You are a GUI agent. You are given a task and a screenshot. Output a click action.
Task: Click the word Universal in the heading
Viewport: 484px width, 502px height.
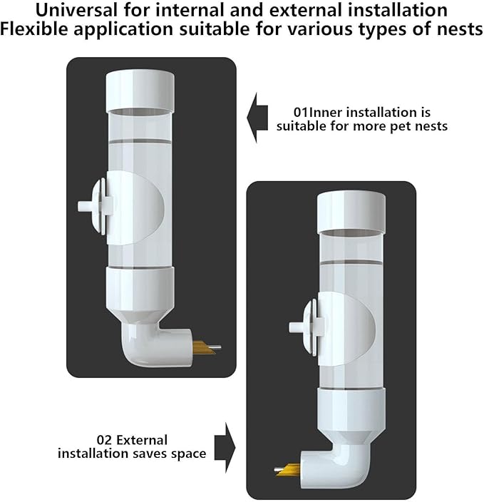[76, 10]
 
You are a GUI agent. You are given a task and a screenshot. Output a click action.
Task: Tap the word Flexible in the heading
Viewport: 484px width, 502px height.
[34, 29]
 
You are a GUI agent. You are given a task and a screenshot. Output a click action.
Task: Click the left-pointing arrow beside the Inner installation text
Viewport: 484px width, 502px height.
[257, 118]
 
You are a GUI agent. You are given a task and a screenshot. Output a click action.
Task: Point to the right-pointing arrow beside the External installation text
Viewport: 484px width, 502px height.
[225, 448]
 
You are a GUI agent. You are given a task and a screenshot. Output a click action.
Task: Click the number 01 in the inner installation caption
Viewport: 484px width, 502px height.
[302, 113]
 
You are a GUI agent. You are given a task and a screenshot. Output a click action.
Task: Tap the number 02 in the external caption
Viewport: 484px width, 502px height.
[104, 440]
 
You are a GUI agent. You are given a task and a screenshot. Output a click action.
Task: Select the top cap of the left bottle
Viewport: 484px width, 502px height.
[140, 91]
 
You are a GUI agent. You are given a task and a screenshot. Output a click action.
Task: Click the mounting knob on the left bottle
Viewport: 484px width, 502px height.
[96, 207]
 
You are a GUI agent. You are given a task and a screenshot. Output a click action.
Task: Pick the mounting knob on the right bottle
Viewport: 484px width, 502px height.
[307, 327]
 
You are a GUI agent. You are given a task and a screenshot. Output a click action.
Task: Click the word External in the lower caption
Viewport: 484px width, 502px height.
[142, 440]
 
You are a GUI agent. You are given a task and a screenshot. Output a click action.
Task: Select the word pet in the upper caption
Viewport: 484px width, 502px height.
[397, 127]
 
